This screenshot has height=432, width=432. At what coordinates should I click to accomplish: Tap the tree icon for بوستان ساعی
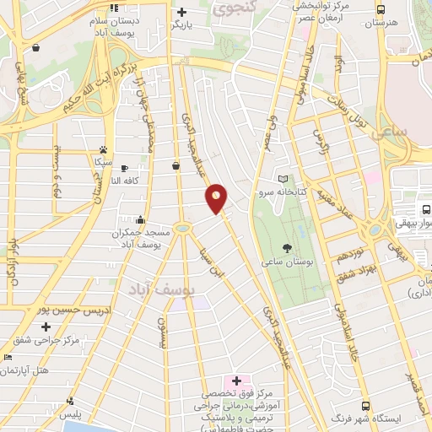[287, 249]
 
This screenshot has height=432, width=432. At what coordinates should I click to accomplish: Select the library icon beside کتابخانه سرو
[283, 179]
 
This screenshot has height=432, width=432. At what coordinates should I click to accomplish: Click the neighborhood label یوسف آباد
[161, 289]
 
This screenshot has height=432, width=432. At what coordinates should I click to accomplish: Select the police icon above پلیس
[70, 401]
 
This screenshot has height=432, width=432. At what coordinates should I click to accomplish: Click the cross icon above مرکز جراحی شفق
[46, 326]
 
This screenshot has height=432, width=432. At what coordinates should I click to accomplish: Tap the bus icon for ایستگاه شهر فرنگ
[365, 406]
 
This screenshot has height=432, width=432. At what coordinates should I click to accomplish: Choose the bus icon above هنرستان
[381, 9]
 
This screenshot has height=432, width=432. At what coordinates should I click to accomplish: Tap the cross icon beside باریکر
[181, 12]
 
